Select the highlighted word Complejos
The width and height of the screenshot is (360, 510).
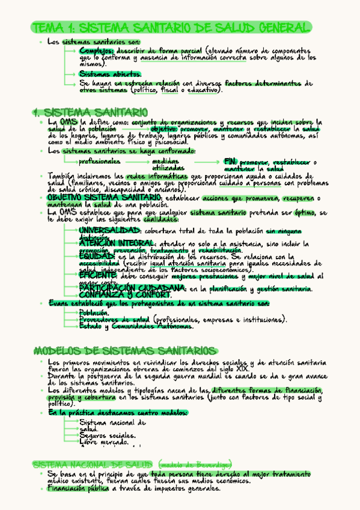pyautogui.click(x=96, y=51)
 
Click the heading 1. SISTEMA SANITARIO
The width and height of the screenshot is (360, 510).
pyautogui.click(x=90, y=112)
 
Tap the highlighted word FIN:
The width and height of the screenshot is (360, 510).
pyautogui.click(x=230, y=162)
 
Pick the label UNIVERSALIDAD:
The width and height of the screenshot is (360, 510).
pyautogui.click(x=110, y=231)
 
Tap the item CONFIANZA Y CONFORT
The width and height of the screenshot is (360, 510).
pyautogui.click(x=124, y=296)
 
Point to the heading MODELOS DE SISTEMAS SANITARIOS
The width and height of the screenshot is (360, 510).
pyautogui.click(x=124, y=351)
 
